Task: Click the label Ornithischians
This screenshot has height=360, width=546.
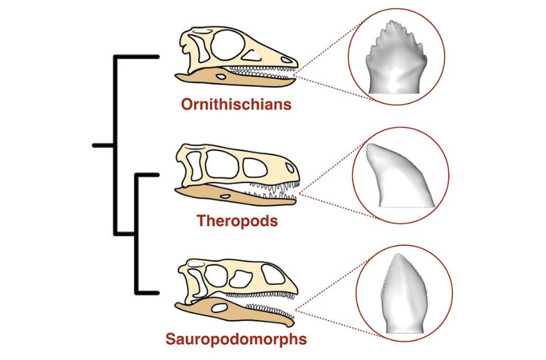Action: point(236,104)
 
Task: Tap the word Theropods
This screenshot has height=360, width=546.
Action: point(237,221)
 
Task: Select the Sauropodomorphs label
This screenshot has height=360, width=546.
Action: point(236,339)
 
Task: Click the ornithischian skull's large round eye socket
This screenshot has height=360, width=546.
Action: point(228,44)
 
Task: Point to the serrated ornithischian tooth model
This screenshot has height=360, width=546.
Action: point(396,57)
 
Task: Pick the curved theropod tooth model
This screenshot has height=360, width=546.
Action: point(400,175)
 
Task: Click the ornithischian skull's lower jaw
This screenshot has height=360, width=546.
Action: point(235,78)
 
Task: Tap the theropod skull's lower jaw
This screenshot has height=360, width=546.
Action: point(235,195)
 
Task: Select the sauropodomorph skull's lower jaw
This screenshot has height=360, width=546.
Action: point(234,312)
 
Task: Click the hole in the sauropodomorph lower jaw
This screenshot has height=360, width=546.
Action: point(218,308)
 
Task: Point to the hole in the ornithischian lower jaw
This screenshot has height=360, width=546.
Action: point(220,76)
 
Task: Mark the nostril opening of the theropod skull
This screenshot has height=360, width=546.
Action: point(290,168)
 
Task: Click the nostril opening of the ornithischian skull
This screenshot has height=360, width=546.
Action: point(286,60)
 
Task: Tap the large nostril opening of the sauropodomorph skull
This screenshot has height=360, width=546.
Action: point(274,274)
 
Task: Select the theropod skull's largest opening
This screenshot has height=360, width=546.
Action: point(222,165)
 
